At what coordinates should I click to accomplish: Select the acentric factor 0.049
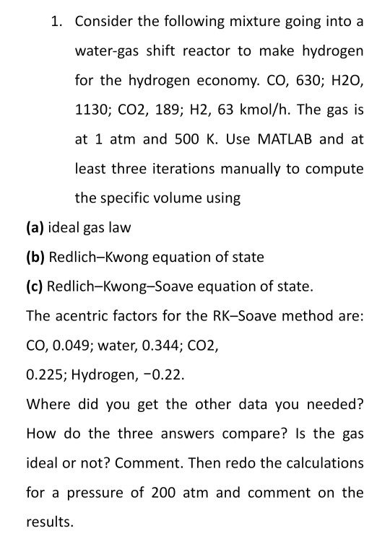(69, 345)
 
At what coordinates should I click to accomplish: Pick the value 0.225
(44, 374)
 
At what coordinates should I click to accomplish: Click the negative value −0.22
(166, 374)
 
